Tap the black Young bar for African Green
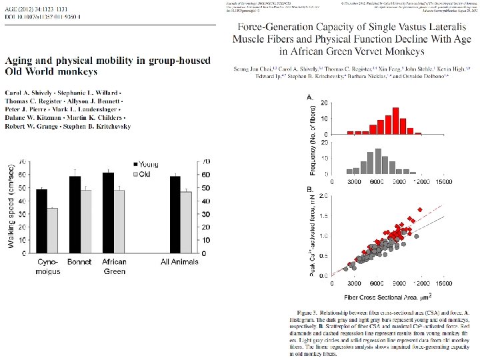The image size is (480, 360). click(108, 213)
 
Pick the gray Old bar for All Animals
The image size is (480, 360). click(186, 223)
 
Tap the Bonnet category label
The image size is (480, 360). click(79, 261)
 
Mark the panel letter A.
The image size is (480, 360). click(309, 97)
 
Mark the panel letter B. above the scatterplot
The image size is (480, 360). click(309, 190)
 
